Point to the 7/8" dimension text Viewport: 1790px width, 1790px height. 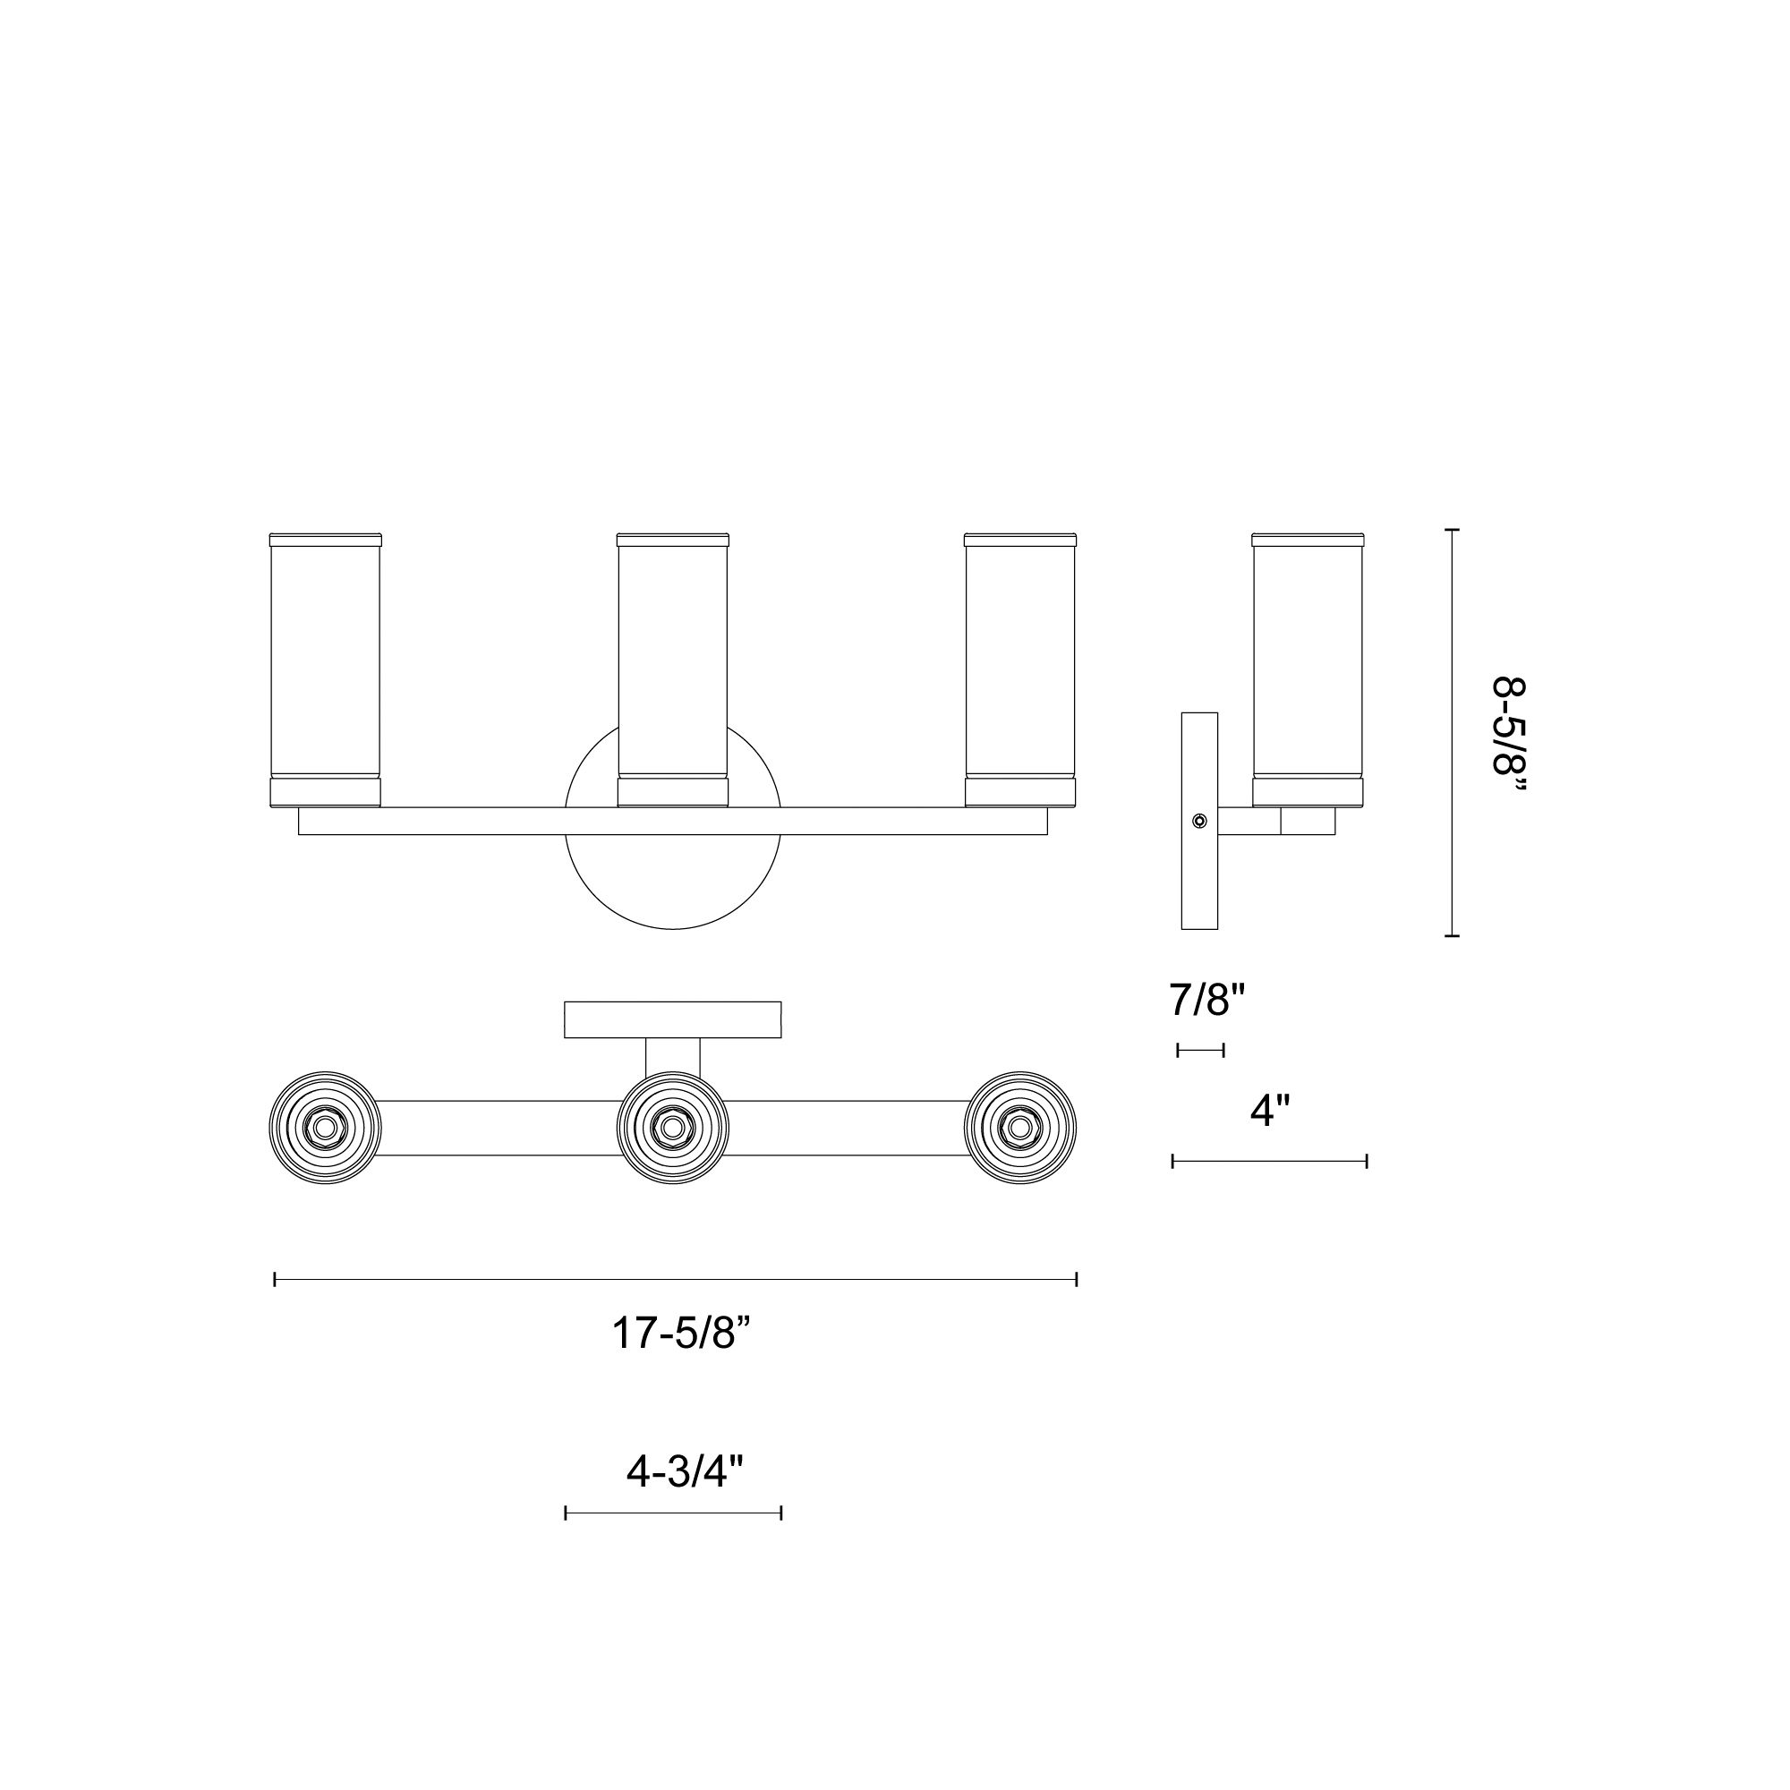pos(1207,1000)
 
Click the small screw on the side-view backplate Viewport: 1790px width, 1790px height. pos(1200,821)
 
